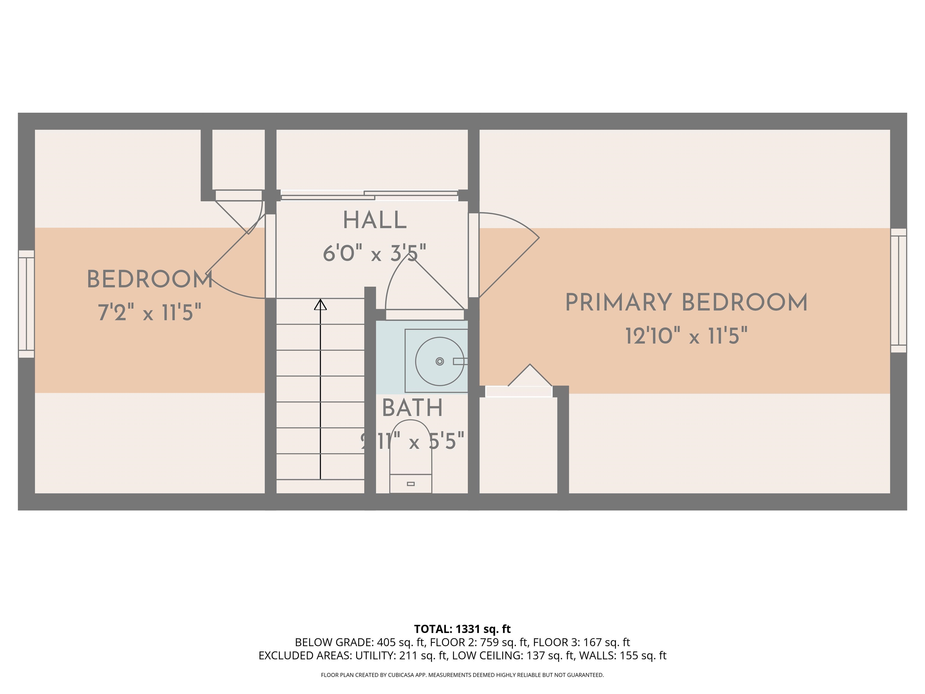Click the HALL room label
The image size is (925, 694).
click(x=374, y=221)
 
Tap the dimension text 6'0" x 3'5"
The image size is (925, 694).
click(x=374, y=254)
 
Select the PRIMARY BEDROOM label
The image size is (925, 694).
click(x=686, y=303)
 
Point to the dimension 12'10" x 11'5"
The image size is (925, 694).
click(x=686, y=336)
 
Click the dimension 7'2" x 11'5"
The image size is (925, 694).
click(x=149, y=312)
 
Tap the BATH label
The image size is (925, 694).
click(x=412, y=408)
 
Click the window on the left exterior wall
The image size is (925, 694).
click(x=26, y=304)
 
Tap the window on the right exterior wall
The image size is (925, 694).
click(x=898, y=291)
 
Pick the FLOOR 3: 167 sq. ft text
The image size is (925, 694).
click(x=581, y=642)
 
